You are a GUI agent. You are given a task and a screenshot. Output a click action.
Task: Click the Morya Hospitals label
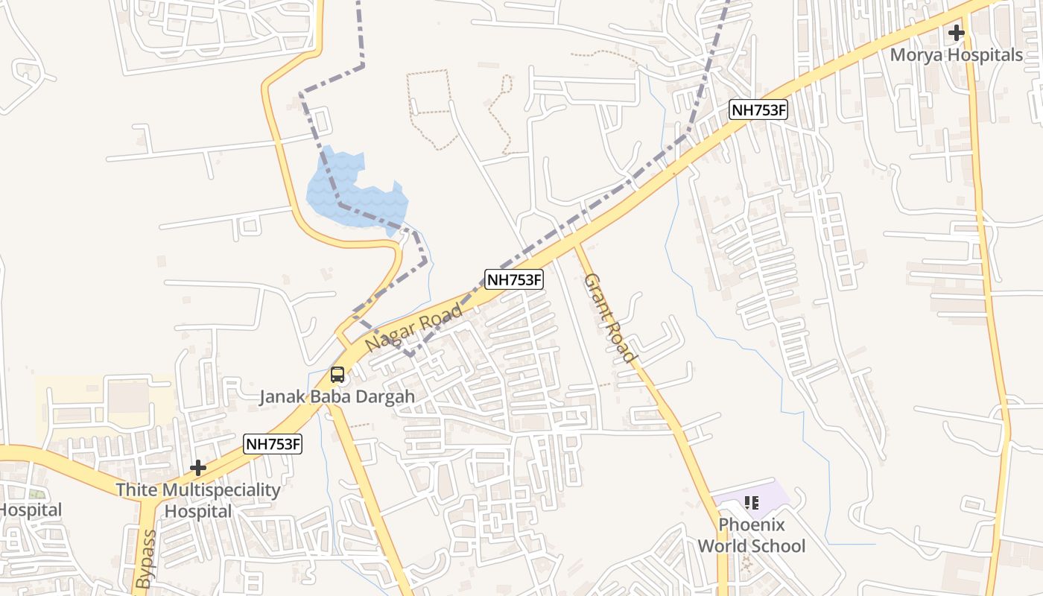[957, 55]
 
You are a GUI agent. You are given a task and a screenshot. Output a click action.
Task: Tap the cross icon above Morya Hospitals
[957, 33]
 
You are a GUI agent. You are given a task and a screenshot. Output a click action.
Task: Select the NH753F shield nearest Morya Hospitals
[758, 110]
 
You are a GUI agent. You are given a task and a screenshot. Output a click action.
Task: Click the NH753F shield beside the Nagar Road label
[514, 280]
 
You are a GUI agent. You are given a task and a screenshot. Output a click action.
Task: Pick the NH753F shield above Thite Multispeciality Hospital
[273, 445]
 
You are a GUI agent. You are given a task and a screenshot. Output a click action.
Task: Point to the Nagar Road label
[414, 329]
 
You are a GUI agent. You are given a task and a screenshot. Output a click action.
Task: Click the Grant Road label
[610, 319]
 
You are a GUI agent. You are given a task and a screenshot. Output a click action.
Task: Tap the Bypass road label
[146, 559]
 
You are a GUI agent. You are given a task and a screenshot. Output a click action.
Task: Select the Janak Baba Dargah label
[337, 396]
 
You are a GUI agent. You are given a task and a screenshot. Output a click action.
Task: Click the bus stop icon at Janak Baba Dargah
[337, 375]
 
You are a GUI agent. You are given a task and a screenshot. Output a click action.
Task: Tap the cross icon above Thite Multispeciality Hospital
[198, 468]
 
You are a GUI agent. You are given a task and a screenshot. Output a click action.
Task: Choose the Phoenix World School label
[751, 535]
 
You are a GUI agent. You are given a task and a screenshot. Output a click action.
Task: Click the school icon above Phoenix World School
[751, 504]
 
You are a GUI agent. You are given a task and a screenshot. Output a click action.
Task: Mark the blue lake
[358, 190]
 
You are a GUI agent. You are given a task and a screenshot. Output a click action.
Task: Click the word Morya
[915, 55]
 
